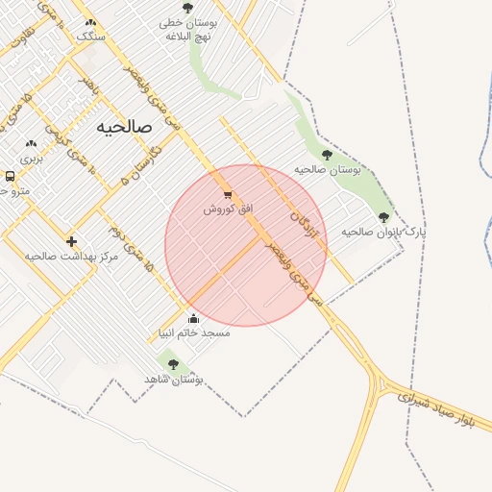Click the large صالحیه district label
point(125,126)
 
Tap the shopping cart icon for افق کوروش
point(227,194)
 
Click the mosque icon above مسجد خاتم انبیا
point(194,319)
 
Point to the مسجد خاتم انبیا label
point(194,332)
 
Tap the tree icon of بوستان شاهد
point(173,364)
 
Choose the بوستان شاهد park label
point(173,379)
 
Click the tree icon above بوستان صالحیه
point(327,154)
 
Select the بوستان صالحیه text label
point(327,169)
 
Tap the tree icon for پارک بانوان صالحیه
point(384,217)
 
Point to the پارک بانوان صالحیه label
point(382,232)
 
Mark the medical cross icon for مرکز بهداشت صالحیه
point(72,240)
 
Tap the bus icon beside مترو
point(10,176)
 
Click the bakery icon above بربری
point(32,143)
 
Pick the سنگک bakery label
point(92,36)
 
